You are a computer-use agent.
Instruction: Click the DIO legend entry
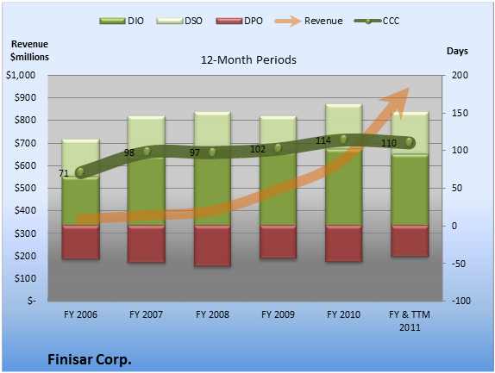click(x=122, y=22)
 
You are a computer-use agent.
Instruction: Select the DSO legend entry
click(x=179, y=22)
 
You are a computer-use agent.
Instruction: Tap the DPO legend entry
click(x=239, y=22)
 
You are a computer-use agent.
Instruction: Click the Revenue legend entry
click(x=309, y=22)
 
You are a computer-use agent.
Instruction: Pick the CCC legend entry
click(x=377, y=22)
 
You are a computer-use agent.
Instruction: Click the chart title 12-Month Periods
click(x=248, y=60)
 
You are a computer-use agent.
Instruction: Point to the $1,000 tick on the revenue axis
click(x=21, y=75)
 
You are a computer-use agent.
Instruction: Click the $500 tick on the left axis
click(x=25, y=188)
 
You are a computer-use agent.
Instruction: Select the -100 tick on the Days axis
click(x=461, y=301)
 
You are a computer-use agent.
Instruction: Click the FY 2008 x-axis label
click(x=212, y=314)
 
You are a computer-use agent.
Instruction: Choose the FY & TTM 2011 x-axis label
click(x=410, y=321)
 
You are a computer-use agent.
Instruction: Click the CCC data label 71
click(x=64, y=173)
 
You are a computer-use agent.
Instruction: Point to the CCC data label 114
click(x=323, y=140)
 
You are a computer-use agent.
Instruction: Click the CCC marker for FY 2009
click(x=278, y=147)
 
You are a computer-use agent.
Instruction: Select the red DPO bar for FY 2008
click(x=212, y=246)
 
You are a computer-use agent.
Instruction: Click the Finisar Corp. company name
click(x=90, y=359)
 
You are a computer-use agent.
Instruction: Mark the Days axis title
click(x=457, y=51)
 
